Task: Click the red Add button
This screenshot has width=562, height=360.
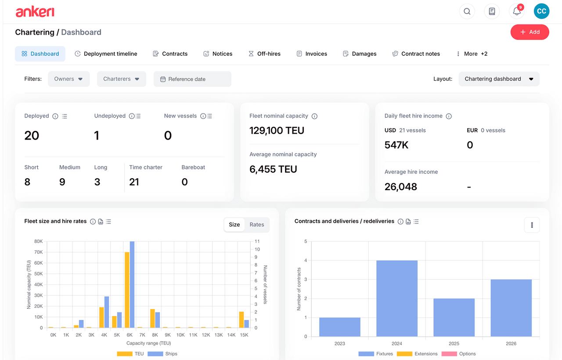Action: tap(530, 32)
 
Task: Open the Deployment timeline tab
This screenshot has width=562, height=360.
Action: tap(106, 54)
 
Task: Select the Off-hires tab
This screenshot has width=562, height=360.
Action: tap(264, 54)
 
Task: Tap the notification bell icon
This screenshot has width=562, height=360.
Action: tap(517, 11)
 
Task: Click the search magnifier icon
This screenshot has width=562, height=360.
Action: tap(467, 11)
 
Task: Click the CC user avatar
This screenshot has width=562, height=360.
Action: tap(541, 11)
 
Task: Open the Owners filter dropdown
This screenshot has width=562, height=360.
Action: tap(68, 79)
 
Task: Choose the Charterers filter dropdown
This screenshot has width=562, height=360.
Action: tap(121, 79)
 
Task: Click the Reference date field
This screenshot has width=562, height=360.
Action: tap(192, 79)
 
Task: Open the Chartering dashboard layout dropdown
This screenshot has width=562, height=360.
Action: tap(499, 79)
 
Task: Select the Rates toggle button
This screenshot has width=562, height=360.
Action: tap(257, 224)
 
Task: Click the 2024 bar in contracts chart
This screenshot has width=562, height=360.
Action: tap(397, 299)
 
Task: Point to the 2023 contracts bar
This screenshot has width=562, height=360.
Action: tap(339, 327)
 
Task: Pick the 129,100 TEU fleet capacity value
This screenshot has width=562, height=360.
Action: tap(277, 130)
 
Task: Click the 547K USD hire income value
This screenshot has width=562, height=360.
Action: tap(396, 145)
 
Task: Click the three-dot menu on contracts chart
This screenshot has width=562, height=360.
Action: tap(532, 225)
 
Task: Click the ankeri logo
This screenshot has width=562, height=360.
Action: tap(35, 12)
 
